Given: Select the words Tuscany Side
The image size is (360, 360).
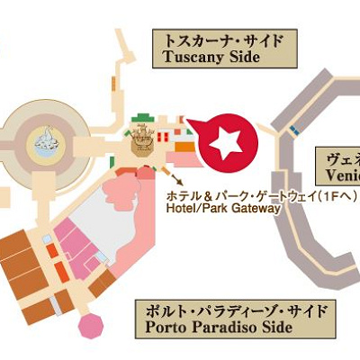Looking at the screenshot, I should [x=211, y=57].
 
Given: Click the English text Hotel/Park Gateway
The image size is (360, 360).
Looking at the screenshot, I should [x=223, y=209].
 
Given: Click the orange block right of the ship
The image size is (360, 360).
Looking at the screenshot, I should [x=184, y=144].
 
